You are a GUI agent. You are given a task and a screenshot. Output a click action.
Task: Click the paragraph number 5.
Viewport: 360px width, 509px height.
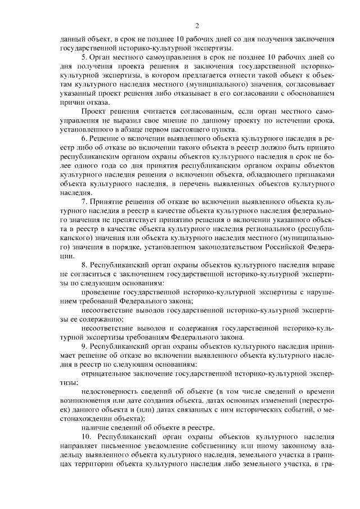(84, 58)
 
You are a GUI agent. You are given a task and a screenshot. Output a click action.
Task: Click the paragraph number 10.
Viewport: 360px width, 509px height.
(85, 436)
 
